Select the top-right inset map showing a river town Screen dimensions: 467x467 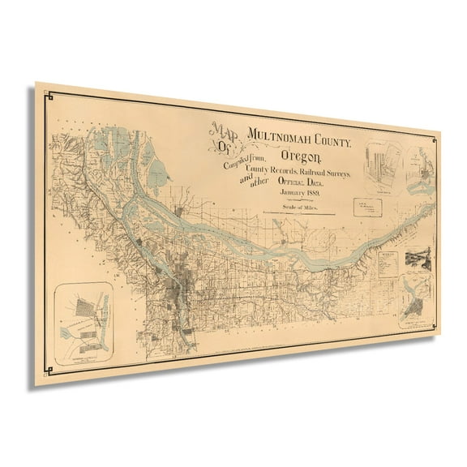click(x=422, y=174)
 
